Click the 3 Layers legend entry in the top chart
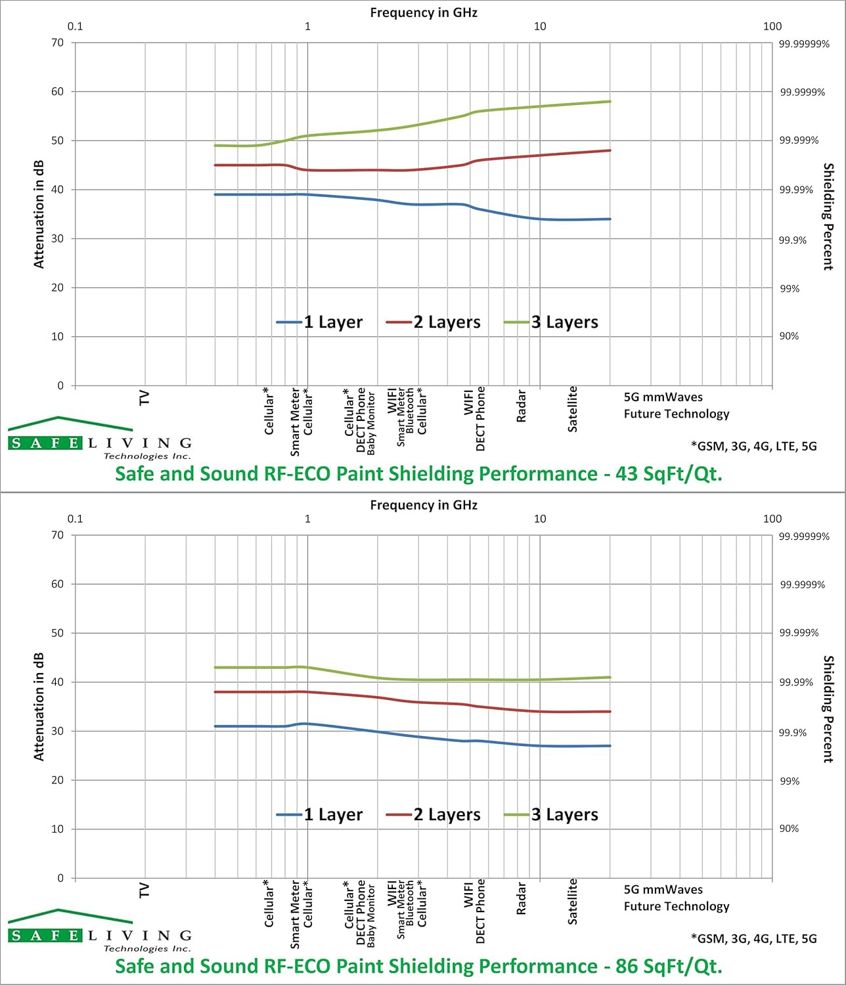(551, 322)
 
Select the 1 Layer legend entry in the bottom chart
(319, 814)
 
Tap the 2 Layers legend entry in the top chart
(434, 322)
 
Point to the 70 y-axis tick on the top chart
(57, 43)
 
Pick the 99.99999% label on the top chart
(804, 44)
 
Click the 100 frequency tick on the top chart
(772, 26)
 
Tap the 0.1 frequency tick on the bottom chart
(75, 519)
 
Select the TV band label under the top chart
(144, 398)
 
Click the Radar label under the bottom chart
(521, 898)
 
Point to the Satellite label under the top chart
(572, 409)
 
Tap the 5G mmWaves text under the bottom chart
(663, 889)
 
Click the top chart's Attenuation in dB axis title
(39, 214)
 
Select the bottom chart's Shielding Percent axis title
(828, 709)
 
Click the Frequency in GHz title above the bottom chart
(424, 505)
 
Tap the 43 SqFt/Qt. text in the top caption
(669, 473)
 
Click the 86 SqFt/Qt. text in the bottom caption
(669, 966)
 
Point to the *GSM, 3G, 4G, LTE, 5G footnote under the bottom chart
(753, 939)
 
